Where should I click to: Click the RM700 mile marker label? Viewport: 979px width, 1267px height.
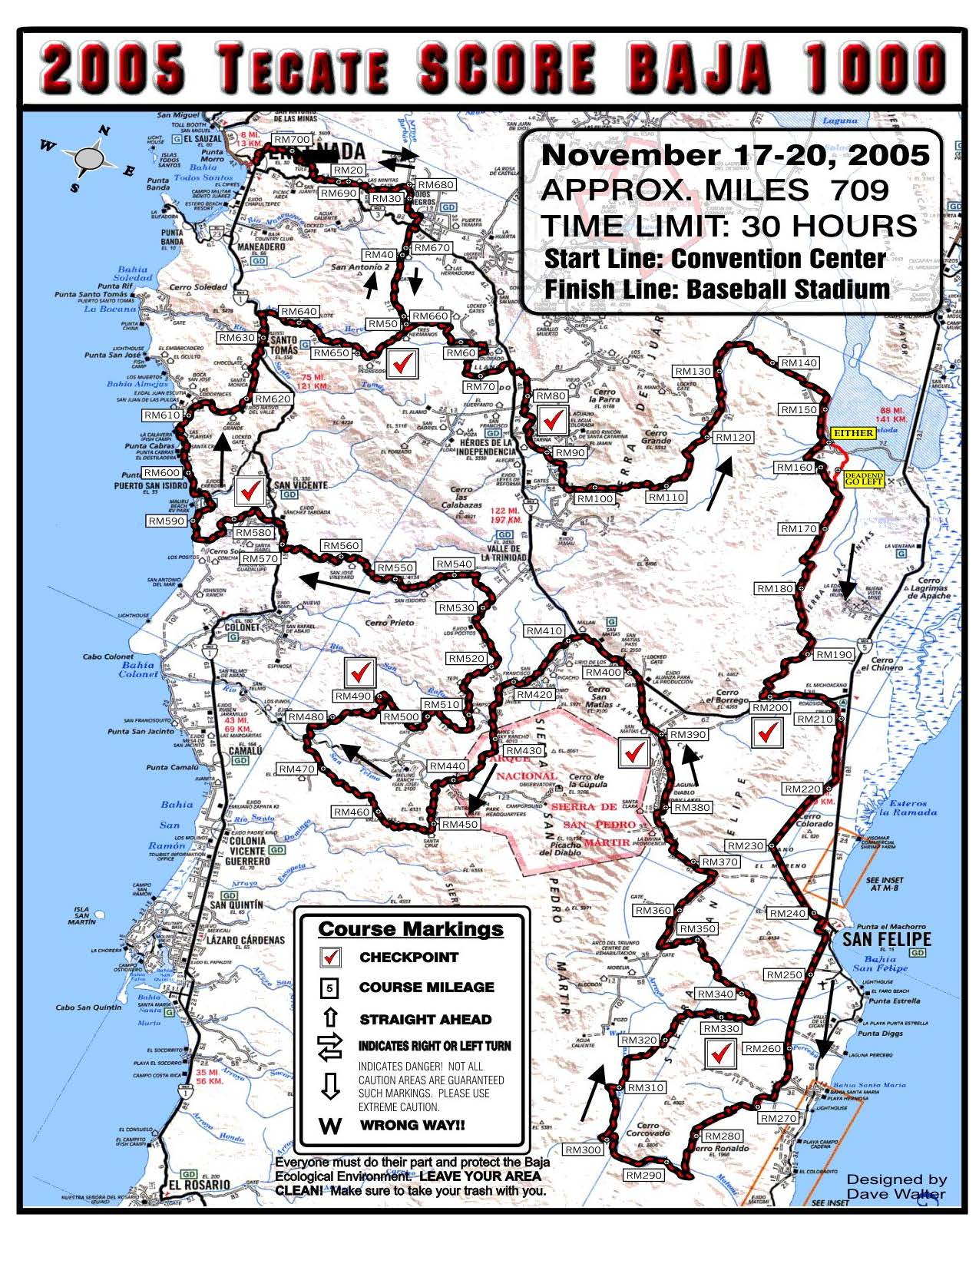291,140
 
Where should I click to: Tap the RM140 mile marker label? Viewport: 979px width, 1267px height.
799,363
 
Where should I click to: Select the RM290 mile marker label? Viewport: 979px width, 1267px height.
643,1176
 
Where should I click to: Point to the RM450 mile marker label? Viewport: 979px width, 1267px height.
459,824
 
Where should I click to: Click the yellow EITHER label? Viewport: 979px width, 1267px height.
854,433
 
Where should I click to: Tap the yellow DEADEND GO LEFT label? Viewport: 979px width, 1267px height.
864,479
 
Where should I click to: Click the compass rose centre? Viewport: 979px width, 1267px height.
91,158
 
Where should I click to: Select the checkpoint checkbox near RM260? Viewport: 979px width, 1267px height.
719,1054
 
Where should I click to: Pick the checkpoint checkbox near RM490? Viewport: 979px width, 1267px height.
360,673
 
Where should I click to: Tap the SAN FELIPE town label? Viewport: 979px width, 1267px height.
885,939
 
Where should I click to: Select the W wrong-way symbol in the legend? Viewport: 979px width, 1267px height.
330,1126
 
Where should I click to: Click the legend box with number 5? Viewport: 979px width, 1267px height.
330,988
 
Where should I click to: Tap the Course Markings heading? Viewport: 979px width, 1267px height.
411,929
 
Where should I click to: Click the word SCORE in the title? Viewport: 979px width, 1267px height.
507,69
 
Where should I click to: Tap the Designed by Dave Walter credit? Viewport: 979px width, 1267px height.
896,1186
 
